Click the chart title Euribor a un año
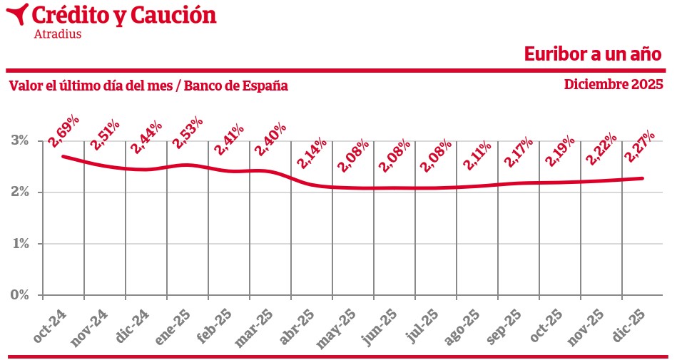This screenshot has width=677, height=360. click(594, 54)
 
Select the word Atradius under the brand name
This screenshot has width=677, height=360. click(58, 34)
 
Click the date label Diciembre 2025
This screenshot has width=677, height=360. click(614, 84)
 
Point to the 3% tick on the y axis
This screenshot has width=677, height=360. click(20, 140)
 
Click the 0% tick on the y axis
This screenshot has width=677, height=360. click(20, 294)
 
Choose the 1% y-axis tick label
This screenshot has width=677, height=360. click(20, 243)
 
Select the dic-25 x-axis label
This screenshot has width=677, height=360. click(631, 326)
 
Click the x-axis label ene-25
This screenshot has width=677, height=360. click(175, 326)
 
